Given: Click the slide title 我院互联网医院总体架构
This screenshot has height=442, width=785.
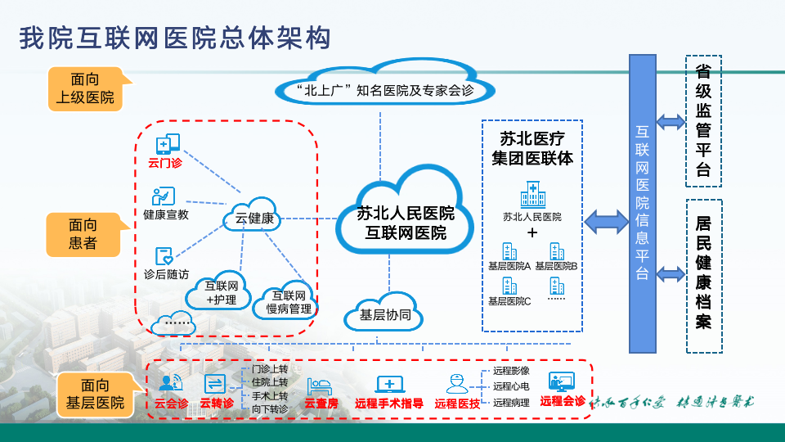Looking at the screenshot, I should [x=175, y=38].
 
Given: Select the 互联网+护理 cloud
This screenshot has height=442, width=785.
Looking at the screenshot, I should [x=222, y=293].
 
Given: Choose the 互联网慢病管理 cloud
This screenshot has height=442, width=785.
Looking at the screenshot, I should [x=289, y=302].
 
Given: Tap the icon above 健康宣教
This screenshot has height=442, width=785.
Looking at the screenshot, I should [x=164, y=196].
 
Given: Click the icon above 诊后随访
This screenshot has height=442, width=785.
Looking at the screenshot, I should [x=164, y=256].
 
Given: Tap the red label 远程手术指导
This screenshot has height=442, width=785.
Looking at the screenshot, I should [x=389, y=403].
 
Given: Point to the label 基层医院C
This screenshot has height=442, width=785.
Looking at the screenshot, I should [x=509, y=301].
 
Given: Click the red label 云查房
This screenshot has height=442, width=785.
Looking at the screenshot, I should [x=321, y=403].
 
